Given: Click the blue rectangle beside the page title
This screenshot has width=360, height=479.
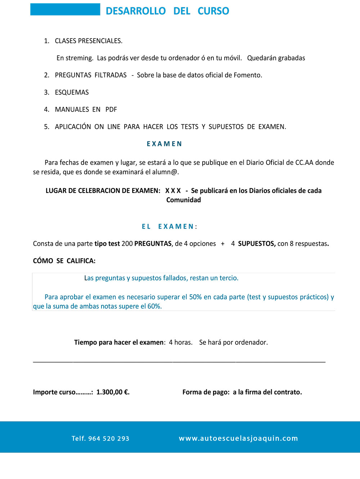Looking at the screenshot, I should point(65,9).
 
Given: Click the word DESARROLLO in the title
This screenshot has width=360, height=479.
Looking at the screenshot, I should point(135,11).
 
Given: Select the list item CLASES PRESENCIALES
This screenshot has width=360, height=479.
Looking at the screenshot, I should point(89,41).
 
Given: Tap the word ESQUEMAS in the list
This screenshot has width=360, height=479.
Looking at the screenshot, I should point(72,92).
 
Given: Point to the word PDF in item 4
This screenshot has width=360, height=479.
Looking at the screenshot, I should point(111,109).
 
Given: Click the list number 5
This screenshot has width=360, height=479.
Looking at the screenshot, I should point(46,127).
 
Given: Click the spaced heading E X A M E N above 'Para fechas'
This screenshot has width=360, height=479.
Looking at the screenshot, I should point(164,144).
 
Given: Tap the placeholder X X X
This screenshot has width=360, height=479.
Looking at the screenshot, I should point(173,191).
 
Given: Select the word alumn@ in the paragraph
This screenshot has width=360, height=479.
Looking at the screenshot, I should point(165,172).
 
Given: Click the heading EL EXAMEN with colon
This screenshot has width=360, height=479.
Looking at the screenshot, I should point(169,227).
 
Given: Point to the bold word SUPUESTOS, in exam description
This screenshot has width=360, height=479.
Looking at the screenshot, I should point(257,244).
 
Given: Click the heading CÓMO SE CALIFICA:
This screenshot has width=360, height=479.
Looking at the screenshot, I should point(64,261).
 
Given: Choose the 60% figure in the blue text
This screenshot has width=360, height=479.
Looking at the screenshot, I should point(154,306).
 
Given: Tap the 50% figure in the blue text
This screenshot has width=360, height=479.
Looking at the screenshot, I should point(195,297).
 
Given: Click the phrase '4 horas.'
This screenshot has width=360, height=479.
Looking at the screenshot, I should point(181,342).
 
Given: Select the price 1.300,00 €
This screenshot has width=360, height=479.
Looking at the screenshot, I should point(113,392).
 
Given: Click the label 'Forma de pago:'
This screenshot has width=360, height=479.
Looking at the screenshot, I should point(206,392).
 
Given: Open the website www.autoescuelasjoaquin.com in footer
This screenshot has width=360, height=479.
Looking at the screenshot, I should point(238,438).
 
